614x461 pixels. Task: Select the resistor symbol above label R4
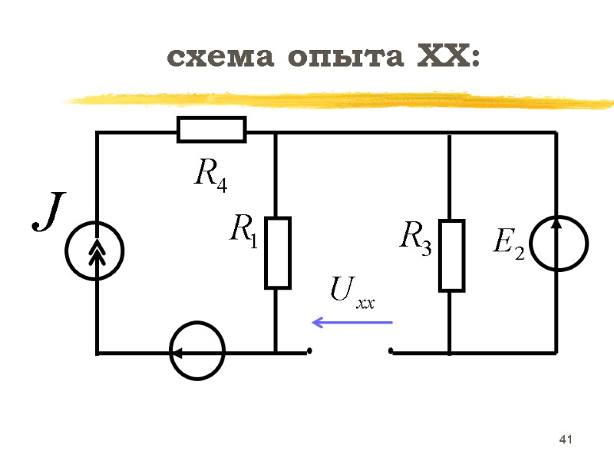(x=211, y=129)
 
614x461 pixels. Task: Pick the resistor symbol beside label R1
(x=277, y=253)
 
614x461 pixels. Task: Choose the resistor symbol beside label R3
(x=451, y=255)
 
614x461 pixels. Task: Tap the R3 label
(x=415, y=236)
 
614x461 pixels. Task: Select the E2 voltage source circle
(x=559, y=243)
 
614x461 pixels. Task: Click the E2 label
(x=507, y=244)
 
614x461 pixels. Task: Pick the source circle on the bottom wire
(x=196, y=353)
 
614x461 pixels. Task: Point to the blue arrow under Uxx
(x=352, y=323)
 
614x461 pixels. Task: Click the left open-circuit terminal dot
(x=309, y=352)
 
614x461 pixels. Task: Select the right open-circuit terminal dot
(x=391, y=352)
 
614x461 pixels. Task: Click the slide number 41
(x=566, y=439)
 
